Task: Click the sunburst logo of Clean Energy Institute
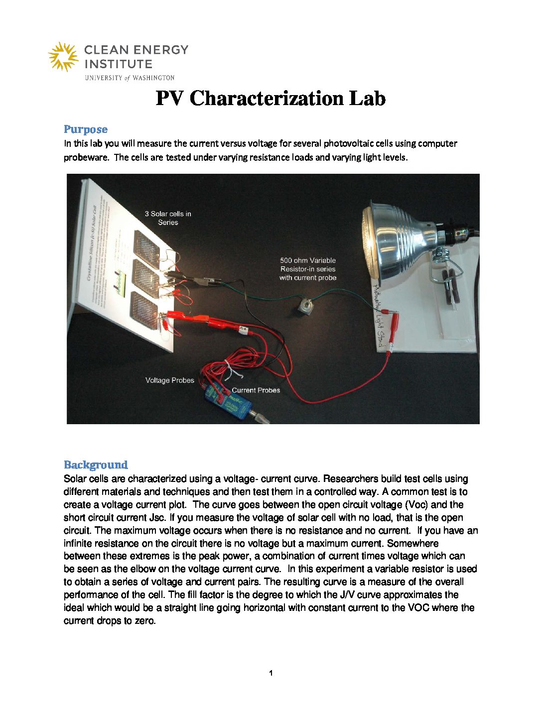pyautogui.click(x=63, y=57)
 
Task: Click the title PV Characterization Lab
pyautogui.click(x=271, y=98)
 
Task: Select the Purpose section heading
pyautogui.click(x=85, y=129)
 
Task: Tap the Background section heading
pyautogui.click(x=96, y=465)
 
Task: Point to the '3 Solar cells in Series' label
pyautogui.click(x=168, y=218)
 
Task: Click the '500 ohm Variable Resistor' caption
pyautogui.click(x=308, y=269)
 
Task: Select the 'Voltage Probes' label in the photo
pyautogui.click(x=169, y=380)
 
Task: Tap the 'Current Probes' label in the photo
pyautogui.click(x=256, y=390)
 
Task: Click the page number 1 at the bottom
pyautogui.click(x=271, y=674)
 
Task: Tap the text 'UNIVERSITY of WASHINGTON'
pyautogui.click(x=130, y=78)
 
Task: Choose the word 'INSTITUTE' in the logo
pyautogui.click(x=118, y=64)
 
